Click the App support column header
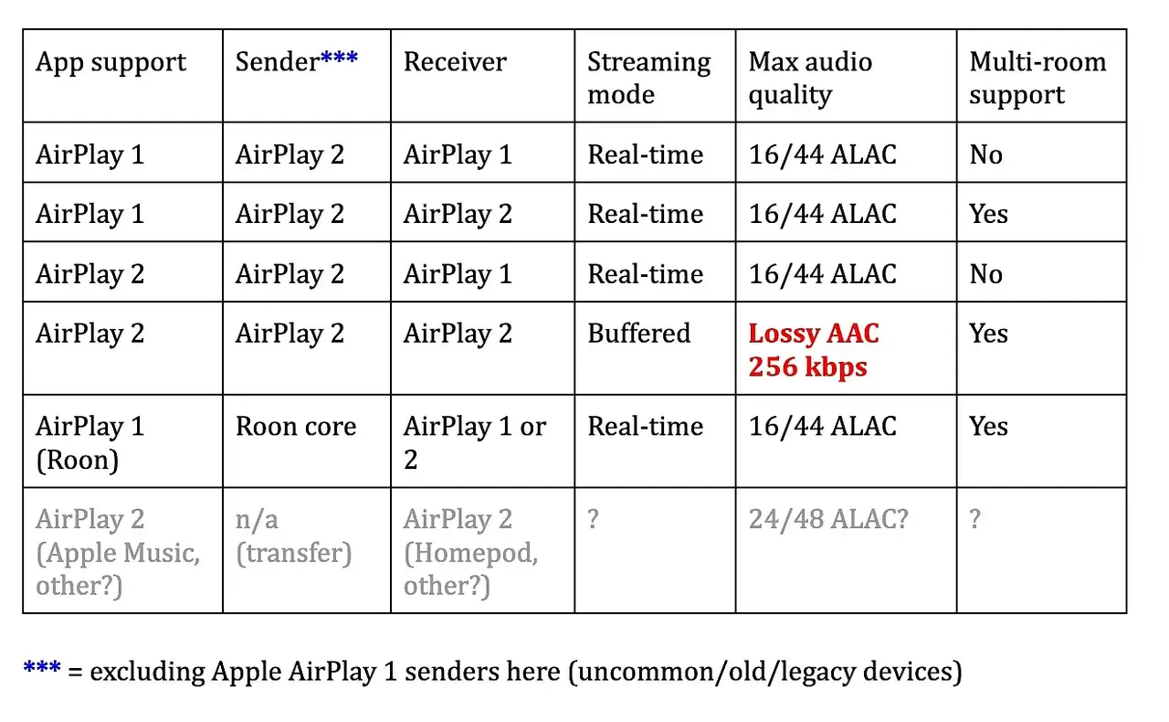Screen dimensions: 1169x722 [111, 63]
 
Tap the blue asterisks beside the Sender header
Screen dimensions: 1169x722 [339, 57]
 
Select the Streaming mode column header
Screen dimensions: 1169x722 [648, 78]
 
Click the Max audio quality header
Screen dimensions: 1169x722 [810, 78]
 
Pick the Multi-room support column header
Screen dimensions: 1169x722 [1037, 78]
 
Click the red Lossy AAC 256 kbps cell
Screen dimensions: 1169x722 [814, 349]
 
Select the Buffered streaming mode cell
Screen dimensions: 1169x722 [638, 334]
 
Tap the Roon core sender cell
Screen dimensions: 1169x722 [296, 426]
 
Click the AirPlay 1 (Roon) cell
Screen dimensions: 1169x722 [90, 443]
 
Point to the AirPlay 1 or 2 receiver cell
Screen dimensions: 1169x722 [474, 443]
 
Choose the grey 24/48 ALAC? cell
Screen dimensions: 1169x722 [828, 519]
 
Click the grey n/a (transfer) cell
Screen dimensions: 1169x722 [294, 536]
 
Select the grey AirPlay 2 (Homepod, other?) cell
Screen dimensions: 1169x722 [470, 552]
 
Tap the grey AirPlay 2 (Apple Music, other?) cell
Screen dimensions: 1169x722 [118, 552]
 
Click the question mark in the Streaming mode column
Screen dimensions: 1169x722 [593, 519]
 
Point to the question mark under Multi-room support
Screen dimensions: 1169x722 [974, 519]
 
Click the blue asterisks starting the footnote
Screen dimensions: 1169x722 [42, 667]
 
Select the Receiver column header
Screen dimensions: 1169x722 [455, 61]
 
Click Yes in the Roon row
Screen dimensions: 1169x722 [988, 426]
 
